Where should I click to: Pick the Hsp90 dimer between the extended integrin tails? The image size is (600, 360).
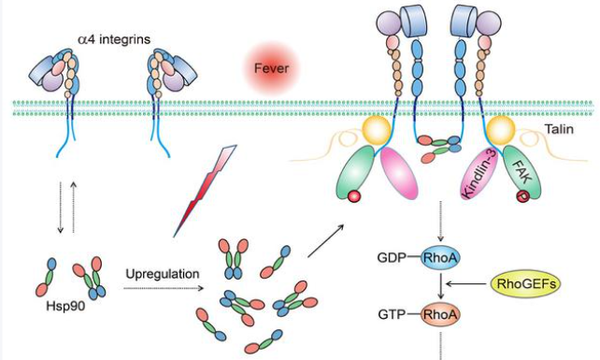coord(436,144)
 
